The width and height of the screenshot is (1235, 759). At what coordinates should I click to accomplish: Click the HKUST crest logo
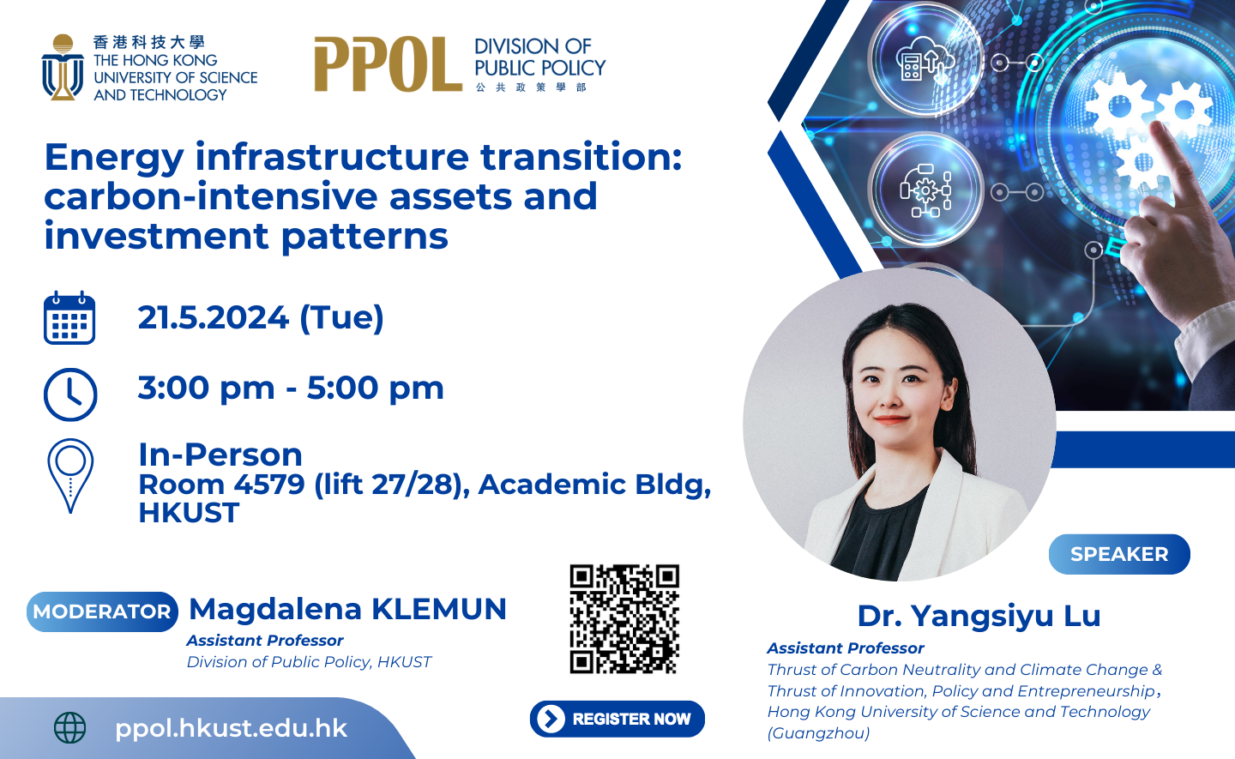point(62,68)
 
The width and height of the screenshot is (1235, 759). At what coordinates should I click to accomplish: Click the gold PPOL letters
point(388,64)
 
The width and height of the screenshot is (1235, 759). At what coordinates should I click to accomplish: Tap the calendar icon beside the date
point(69,318)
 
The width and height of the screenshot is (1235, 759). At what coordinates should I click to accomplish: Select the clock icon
point(70,395)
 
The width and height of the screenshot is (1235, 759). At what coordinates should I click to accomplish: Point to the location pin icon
point(70,475)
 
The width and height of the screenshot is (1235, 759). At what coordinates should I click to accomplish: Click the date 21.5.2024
point(214,318)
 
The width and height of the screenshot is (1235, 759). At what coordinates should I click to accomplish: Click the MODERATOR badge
point(102,611)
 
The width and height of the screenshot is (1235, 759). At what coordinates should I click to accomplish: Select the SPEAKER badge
point(1119,554)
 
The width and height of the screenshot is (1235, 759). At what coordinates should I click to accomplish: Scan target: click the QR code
point(624,618)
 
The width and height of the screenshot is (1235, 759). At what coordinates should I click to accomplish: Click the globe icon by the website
point(70,728)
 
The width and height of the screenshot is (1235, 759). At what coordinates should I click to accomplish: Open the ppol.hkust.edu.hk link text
point(231,728)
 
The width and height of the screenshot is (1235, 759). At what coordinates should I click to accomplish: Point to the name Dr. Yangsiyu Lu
point(979,616)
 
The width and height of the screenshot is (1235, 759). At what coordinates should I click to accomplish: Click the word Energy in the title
point(113,157)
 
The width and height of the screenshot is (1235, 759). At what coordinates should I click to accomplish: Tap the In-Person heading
point(220,455)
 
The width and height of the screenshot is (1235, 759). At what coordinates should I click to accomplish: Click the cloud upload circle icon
point(925,60)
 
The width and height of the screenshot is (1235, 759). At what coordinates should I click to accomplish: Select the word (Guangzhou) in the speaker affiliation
point(818,733)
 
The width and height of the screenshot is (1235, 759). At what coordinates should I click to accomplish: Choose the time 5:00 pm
point(376,389)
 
